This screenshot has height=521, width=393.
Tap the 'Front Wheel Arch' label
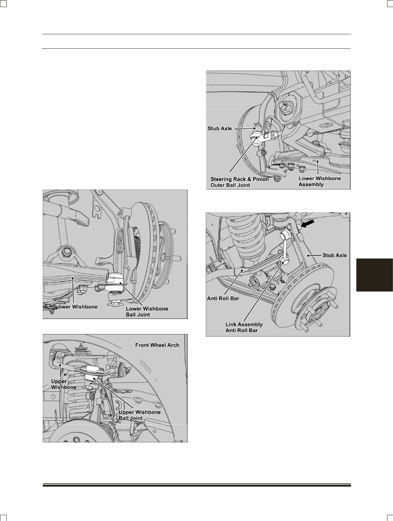click(x=157, y=345)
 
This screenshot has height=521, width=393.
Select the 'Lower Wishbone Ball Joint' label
click(x=147, y=312)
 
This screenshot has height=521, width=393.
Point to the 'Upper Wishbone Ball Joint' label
click(x=139, y=415)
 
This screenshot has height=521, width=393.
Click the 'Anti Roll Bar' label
click(x=223, y=298)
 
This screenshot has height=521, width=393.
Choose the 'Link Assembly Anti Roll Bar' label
click(x=244, y=327)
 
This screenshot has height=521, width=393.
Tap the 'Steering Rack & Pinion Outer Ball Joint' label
click(x=239, y=182)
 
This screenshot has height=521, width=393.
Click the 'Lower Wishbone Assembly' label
click(x=320, y=181)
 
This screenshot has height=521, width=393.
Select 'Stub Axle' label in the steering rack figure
click(x=220, y=128)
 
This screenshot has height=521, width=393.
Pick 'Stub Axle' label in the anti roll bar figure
click(x=335, y=255)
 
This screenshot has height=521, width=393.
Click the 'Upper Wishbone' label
click(x=64, y=384)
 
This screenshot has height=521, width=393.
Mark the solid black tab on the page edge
click(x=374, y=275)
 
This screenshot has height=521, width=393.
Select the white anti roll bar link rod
click(x=285, y=248)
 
